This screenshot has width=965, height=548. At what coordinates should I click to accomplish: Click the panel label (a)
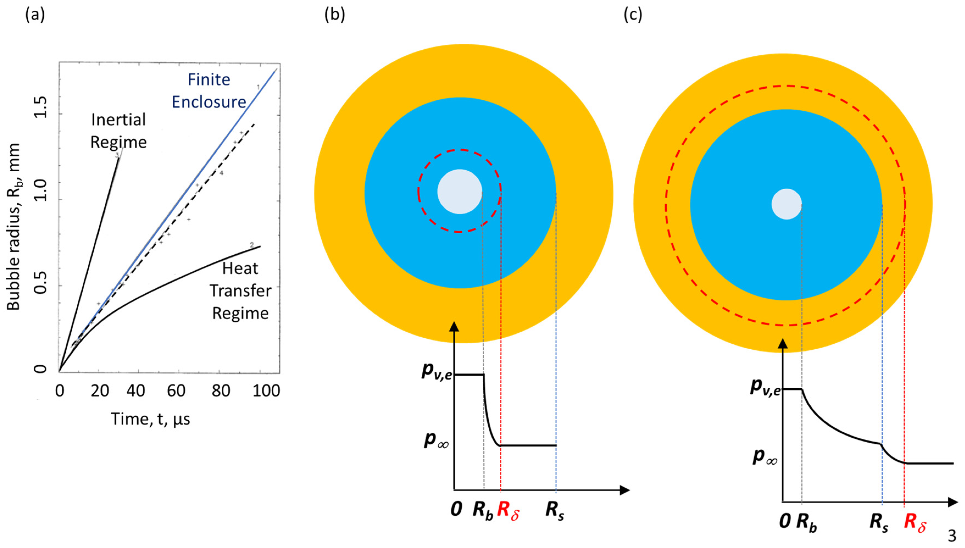(x=35, y=15)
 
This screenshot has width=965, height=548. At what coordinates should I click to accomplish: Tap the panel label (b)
(x=335, y=15)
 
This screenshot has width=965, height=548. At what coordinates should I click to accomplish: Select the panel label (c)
(x=633, y=15)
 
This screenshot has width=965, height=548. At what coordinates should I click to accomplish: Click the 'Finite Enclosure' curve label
(x=209, y=91)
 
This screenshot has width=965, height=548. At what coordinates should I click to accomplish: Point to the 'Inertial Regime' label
(x=118, y=131)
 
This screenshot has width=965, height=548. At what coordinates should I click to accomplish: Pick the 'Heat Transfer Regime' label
(x=240, y=291)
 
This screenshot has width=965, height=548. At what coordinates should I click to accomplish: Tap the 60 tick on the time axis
(x=176, y=391)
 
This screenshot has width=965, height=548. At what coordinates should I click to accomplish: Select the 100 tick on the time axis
(x=266, y=391)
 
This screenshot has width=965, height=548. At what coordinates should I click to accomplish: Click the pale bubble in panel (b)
(x=460, y=192)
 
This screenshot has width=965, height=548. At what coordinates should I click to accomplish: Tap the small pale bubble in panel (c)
(x=786, y=204)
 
